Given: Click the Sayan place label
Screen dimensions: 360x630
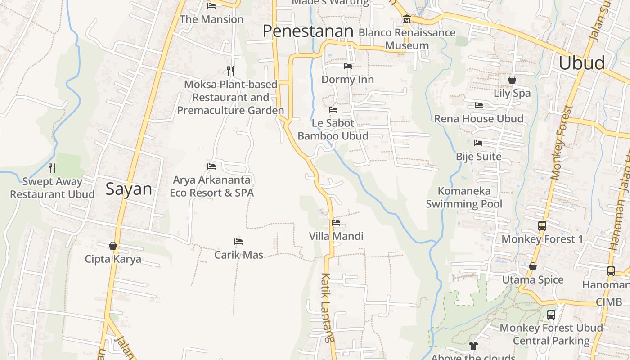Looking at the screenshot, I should (129, 189).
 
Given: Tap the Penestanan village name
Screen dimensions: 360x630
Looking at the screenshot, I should (308, 31).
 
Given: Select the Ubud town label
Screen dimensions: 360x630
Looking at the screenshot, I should (581, 63).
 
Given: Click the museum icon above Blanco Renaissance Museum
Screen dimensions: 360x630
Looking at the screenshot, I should (407, 19).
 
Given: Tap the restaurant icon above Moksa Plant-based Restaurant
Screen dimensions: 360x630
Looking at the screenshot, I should (230, 71).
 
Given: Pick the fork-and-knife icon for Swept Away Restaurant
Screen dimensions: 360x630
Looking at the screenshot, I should (52, 168).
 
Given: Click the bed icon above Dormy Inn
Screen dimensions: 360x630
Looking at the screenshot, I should (347, 66).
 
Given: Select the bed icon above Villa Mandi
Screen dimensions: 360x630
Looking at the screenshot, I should (336, 222).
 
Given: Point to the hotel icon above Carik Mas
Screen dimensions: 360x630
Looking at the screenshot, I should (238, 242).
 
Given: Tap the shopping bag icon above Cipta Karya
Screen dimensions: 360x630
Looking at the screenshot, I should (113, 246).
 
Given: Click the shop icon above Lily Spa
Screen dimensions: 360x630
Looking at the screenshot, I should (512, 80).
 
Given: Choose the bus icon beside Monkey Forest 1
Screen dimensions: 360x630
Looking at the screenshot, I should (542, 226).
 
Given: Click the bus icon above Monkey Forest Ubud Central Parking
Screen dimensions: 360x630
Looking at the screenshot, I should (551, 315).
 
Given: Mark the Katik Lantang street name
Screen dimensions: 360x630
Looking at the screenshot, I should (328, 308).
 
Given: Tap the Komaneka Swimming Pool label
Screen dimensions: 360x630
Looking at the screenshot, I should (464, 198).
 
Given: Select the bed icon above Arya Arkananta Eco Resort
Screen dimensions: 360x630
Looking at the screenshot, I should (211, 166).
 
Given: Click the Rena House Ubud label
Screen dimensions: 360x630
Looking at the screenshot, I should (478, 119).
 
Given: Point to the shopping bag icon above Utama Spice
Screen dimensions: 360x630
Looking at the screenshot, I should (533, 267).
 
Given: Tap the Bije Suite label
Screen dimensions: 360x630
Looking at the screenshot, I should (478, 157).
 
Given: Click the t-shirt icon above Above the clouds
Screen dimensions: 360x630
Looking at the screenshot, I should (473, 346).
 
